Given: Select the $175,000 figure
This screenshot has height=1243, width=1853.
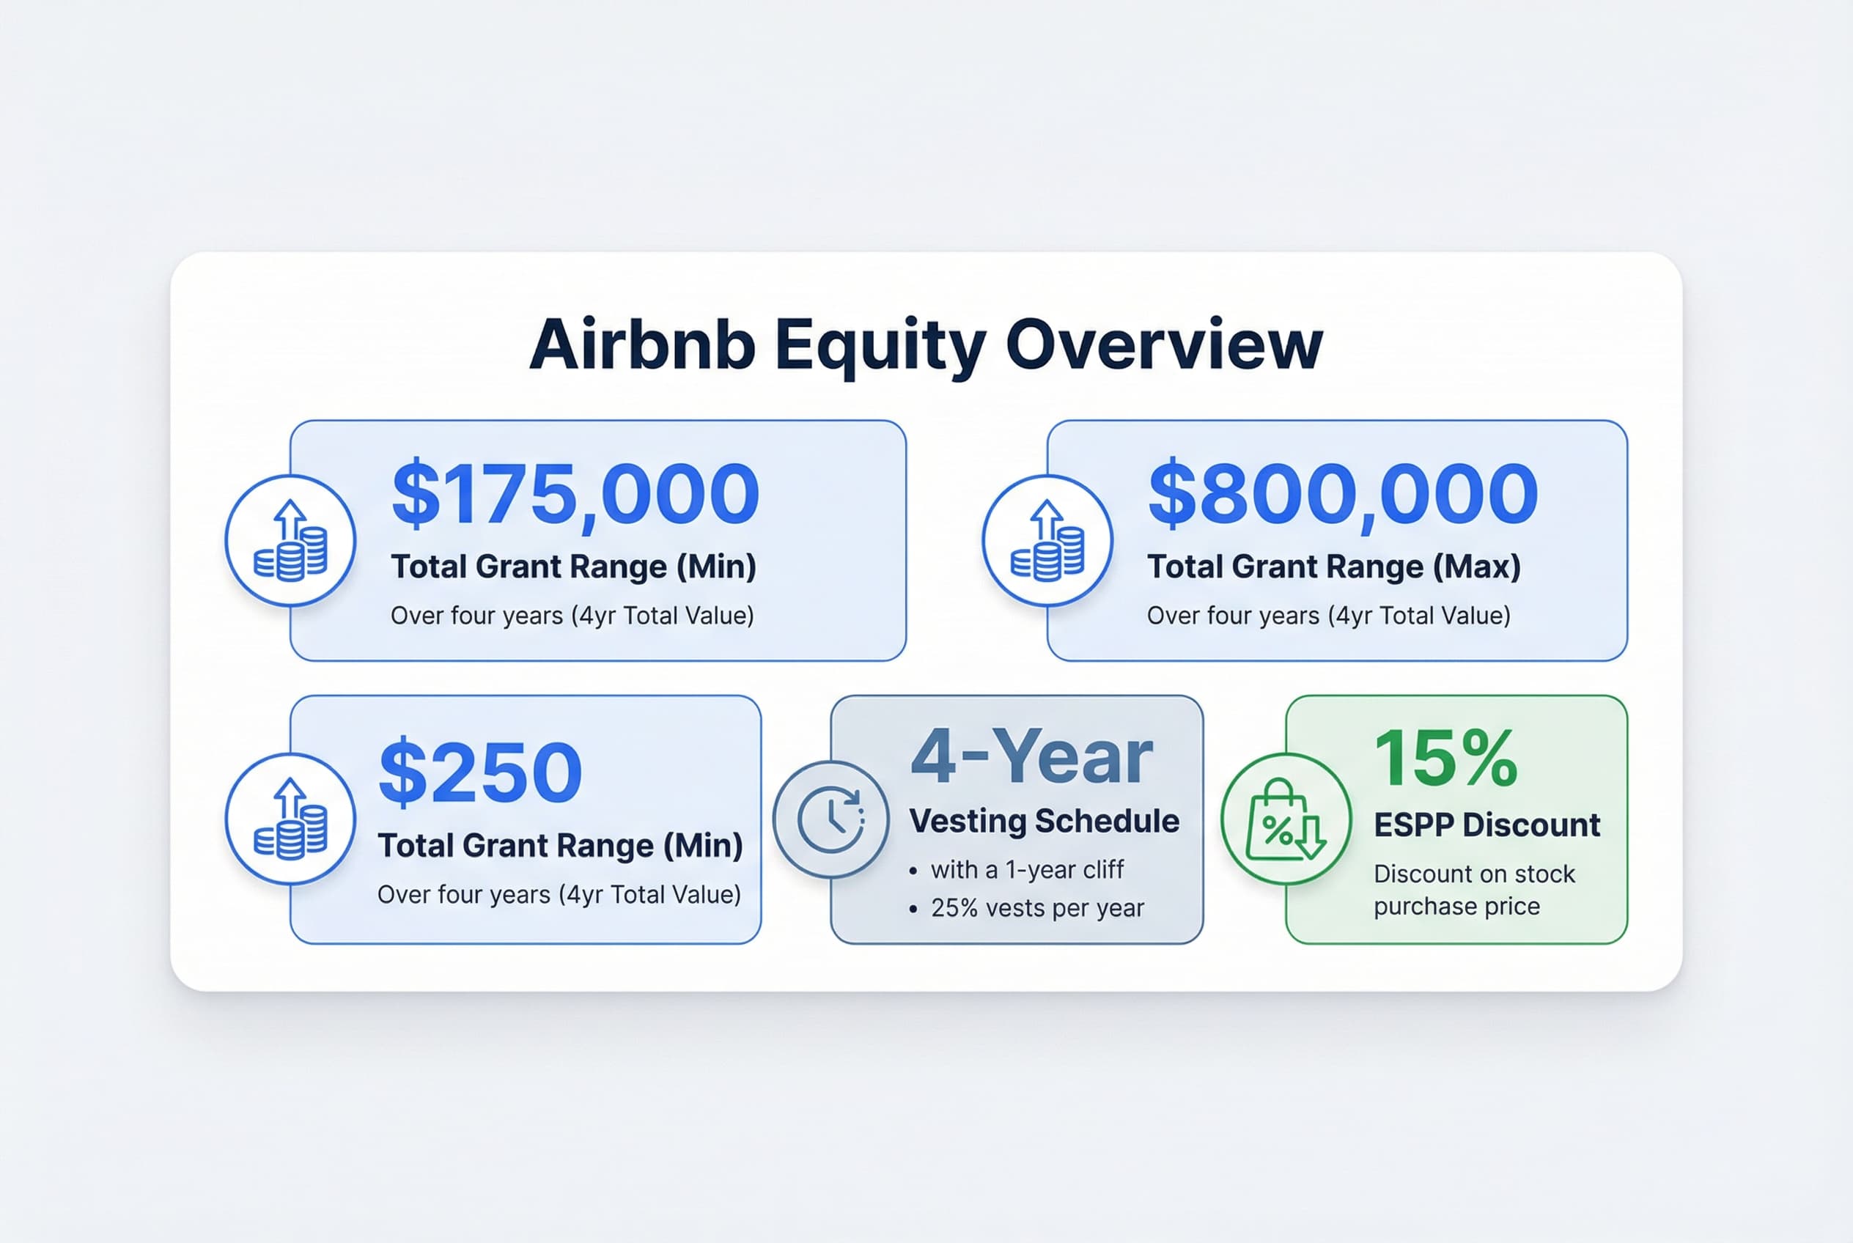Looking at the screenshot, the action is pyautogui.click(x=575, y=494).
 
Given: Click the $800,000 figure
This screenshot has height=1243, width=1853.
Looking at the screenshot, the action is pyautogui.click(x=1343, y=494).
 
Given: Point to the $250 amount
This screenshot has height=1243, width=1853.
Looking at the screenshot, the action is pyautogui.click(x=481, y=771).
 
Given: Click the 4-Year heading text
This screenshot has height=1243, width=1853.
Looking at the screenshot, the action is pyautogui.click(x=1031, y=756).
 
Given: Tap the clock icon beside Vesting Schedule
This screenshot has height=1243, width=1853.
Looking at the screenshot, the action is pyautogui.click(x=831, y=819).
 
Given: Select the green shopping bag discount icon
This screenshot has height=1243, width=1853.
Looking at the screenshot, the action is pyautogui.click(x=1285, y=819).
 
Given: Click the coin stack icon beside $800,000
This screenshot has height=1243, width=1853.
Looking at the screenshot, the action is pyautogui.click(x=1047, y=541).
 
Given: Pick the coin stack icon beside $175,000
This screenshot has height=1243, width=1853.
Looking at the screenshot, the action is pyautogui.click(x=290, y=541).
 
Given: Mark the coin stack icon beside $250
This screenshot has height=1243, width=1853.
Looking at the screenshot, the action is pyautogui.click(x=290, y=819).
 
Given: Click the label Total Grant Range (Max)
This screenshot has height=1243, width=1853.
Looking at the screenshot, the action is pyautogui.click(x=1333, y=567).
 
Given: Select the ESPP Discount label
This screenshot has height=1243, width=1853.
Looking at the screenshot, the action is pyautogui.click(x=1487, y=825).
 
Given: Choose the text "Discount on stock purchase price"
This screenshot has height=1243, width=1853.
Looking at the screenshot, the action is pyautogui.click(x=1474, y=890).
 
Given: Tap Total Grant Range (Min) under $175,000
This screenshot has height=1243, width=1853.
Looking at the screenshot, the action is pyautogui.click(x=573, y=567).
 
